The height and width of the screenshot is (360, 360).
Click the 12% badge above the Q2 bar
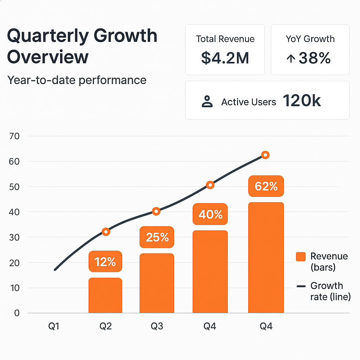pos(105,262)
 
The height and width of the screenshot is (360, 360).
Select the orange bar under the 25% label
pos(157,283)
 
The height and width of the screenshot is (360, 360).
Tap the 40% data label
pos(210,214)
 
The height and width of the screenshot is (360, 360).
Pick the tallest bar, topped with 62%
pos(266,257)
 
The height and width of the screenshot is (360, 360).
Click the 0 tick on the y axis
pos(17,313)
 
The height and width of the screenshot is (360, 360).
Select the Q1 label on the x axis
pos(54,327)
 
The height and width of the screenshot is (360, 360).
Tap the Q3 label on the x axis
pos(157,327)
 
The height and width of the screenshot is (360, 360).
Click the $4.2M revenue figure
pos(225,58)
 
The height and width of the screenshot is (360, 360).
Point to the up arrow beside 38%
pos(290,59)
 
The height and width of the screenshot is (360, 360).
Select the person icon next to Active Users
pos(207,102)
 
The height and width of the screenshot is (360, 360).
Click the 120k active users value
pos(302,101)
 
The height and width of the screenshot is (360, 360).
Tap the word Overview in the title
pos(48,57)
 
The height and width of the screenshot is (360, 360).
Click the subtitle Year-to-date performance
pos(77,80)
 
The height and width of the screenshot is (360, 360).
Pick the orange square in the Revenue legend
pos(301,257)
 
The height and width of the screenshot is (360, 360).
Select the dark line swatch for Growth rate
pos(301,287)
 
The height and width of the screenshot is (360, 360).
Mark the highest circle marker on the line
pos(265,155)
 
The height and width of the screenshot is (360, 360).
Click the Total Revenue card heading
pos(225,39)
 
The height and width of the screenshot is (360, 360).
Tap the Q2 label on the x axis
pos(105,327)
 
